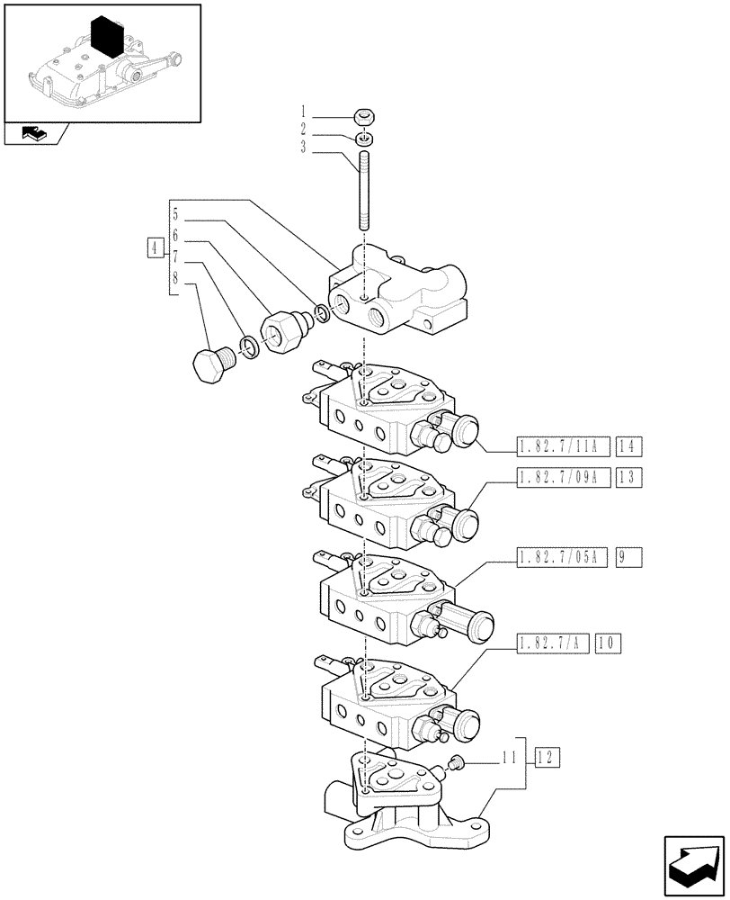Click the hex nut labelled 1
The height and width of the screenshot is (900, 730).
pos(364,116)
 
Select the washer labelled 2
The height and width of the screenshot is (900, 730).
pos(364,138)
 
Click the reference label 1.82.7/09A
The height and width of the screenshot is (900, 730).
pos(564,479)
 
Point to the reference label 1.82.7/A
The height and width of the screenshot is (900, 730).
pos(553,643)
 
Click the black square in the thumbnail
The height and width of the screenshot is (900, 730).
pos(107,40)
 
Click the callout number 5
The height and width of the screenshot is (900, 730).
pos(176,215)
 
